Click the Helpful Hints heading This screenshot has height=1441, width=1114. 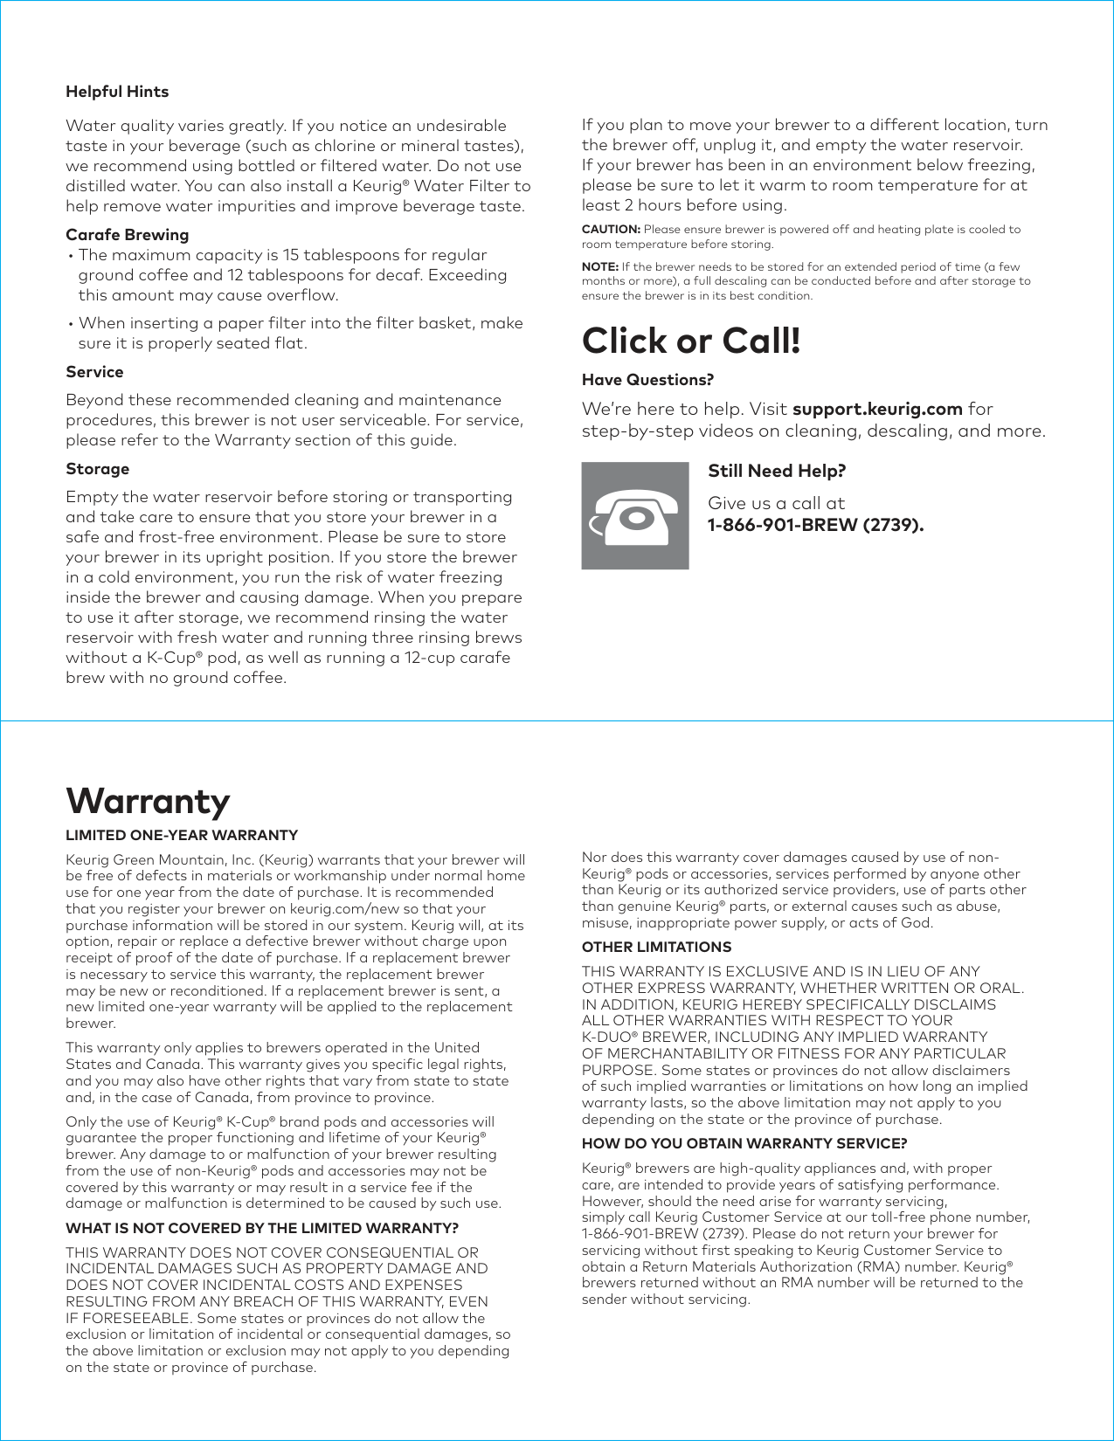(x=117, y=92)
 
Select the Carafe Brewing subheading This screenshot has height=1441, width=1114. (x=127, y=235)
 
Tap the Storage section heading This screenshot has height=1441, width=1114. (x=97, y=469)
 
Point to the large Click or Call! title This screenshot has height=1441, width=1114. (x=691, y=341)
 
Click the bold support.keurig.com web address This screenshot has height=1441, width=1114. (x=877, y=409)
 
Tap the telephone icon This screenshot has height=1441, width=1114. (x=635, y=516)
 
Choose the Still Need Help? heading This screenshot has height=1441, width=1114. (x=777, y=471)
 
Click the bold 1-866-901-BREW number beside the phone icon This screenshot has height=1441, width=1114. (x=815, y=525)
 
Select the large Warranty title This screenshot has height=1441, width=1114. (x=148, y=801)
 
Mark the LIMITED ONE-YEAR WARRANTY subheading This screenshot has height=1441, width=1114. (x=182, y=835)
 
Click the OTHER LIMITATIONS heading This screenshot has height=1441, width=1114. (x=656, y=947)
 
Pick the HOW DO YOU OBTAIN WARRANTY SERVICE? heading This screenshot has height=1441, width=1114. (x=744, y=1143)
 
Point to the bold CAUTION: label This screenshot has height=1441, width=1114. (x=611, y=230)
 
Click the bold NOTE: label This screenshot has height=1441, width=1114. (x=600, y=267)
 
